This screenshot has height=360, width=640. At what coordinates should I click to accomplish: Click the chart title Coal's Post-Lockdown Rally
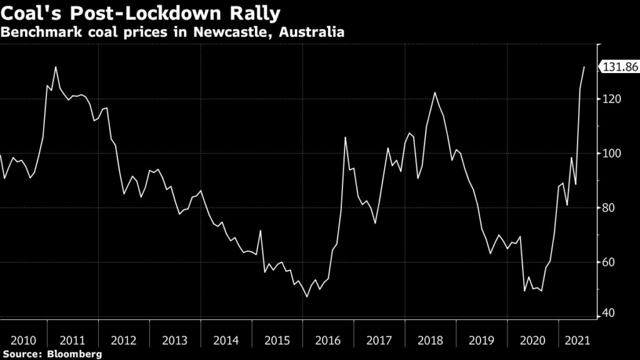tap(141, 12)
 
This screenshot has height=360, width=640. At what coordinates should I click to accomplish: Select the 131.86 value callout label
tap(619, 67)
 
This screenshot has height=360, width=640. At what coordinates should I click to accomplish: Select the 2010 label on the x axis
tap(23, 341)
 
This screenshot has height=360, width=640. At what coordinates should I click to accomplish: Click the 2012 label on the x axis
tap(124, 341)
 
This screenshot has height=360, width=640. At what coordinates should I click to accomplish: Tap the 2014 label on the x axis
tap(226, 341)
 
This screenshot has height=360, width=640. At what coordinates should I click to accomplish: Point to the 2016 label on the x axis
tap(327, 341)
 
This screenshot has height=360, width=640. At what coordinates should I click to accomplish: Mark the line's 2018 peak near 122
tap(434, 92)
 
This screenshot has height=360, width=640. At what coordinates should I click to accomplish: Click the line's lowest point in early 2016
tap(306, 297)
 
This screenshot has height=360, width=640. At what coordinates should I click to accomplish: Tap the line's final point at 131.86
tap(584, 67)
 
